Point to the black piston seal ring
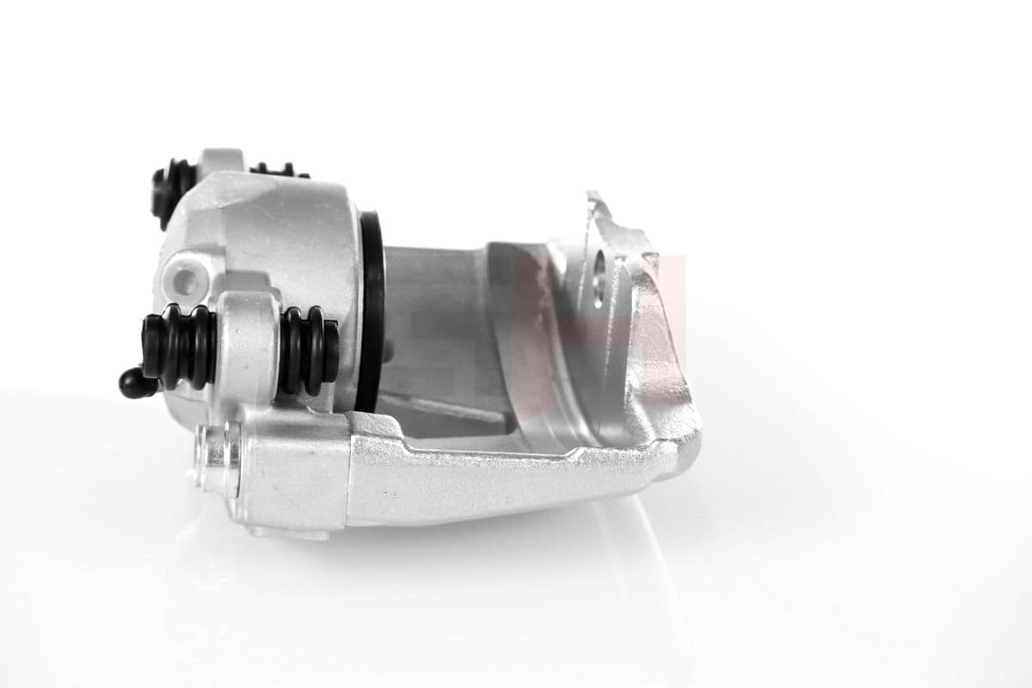click(x=372, y=310)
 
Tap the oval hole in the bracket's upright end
click(x=599, y=278)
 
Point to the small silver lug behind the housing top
click(x=220, y=160)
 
